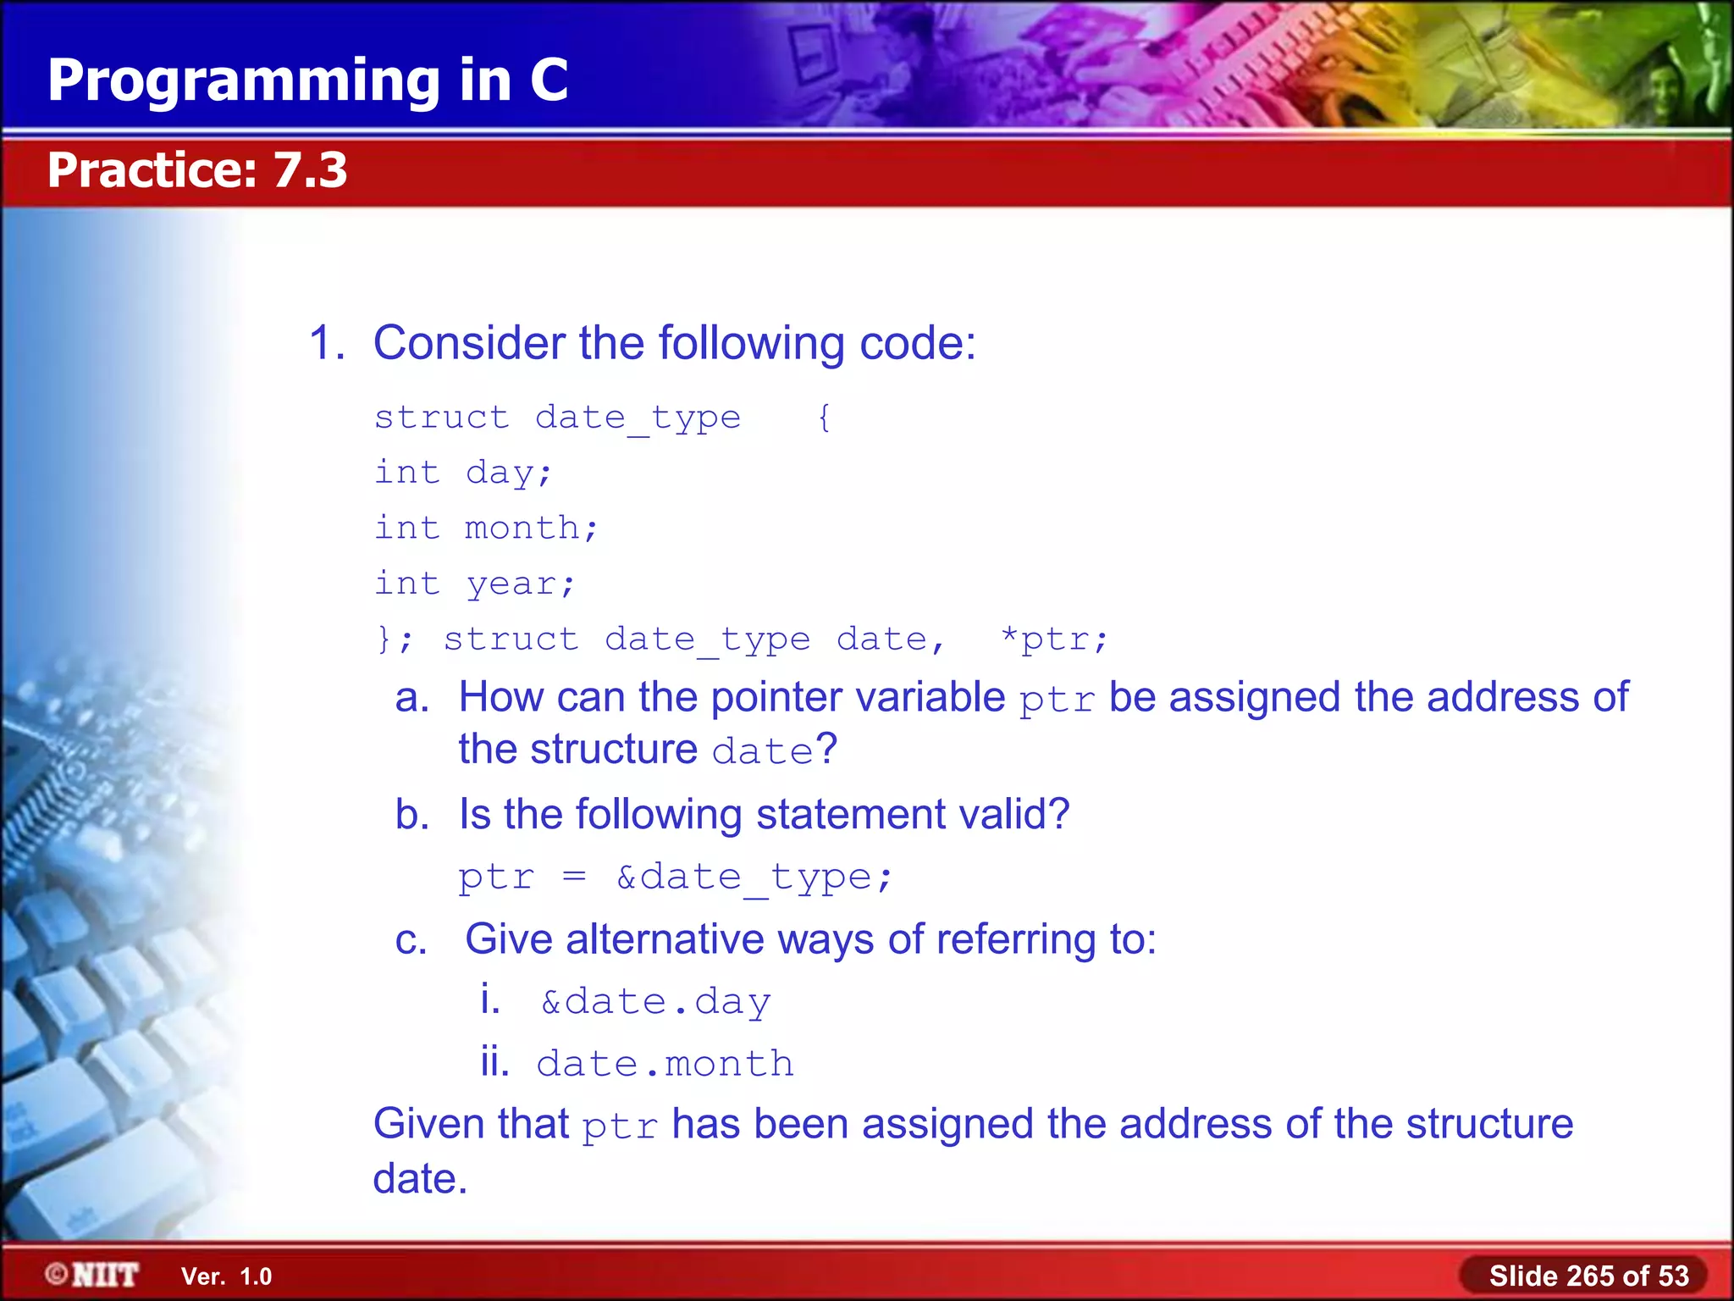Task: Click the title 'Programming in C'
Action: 307,80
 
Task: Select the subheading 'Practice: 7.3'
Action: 196,169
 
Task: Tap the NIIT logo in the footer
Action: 91,1275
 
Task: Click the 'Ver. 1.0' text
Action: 226,1276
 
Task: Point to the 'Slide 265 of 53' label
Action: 1588,1276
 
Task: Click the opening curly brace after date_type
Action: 824,417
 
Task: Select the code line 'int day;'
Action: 463,473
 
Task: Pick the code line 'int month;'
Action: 486,528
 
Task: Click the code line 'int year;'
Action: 474,584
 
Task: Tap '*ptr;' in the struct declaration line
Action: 1052,639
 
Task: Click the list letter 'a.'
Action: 412,698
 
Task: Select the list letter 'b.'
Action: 412,815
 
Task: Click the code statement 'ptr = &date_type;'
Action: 675,877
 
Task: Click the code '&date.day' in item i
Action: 655,1002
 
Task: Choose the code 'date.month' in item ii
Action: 665,1064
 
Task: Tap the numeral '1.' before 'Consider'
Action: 327,343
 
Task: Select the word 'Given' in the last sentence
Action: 429,1125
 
